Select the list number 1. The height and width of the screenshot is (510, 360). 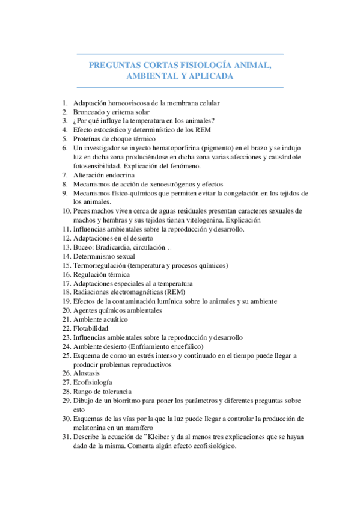[x=65, y=103]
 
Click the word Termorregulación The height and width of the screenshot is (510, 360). [x=100, y=265]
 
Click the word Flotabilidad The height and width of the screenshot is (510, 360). [x=91, y=328]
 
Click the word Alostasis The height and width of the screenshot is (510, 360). [x=87, y=373]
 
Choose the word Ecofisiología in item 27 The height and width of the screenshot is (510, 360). [x=93, y=382]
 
